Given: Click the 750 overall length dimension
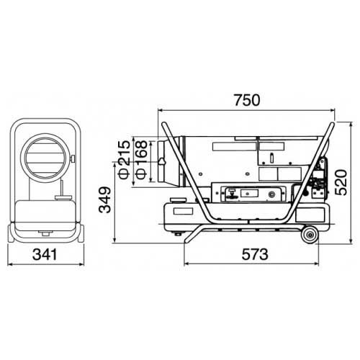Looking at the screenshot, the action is pyautogui.click(x=247, y=100).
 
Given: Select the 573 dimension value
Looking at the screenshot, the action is pyautogui.click(x=255, y=254).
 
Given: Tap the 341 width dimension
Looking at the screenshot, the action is pyautogui.click(x=45, y=254).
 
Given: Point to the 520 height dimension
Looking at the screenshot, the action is pyautogui.click(x=341, y=182).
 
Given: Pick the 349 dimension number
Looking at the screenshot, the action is pyautogui.click(x=105, y=199).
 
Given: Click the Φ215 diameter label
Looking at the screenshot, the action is pyautogui.click(x=125, y=159).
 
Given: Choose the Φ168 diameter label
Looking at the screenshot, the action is pyautogui.click(x=141, y=159).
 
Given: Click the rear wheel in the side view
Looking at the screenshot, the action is pyautogui.click(x=310, y=235).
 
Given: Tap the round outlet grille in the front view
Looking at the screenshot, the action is pyautogui.click(x=45, y=158).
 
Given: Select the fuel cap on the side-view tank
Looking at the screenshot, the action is pyautogui.click(x=178, y=200).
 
